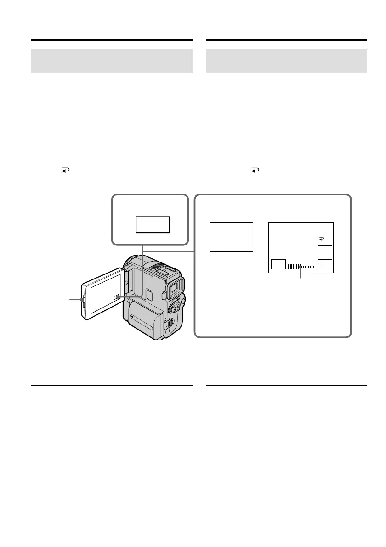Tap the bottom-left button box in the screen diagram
[278, 264]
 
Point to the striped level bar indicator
[301, 266]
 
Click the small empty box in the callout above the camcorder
[153, 225]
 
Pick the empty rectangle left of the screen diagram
[231, 237]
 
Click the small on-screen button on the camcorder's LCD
[117, 298]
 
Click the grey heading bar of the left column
[112, 61]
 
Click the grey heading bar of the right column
[286, 61]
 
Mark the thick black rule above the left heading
[112, 40]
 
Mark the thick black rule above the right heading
[286, 40]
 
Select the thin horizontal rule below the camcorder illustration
[112, 385]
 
